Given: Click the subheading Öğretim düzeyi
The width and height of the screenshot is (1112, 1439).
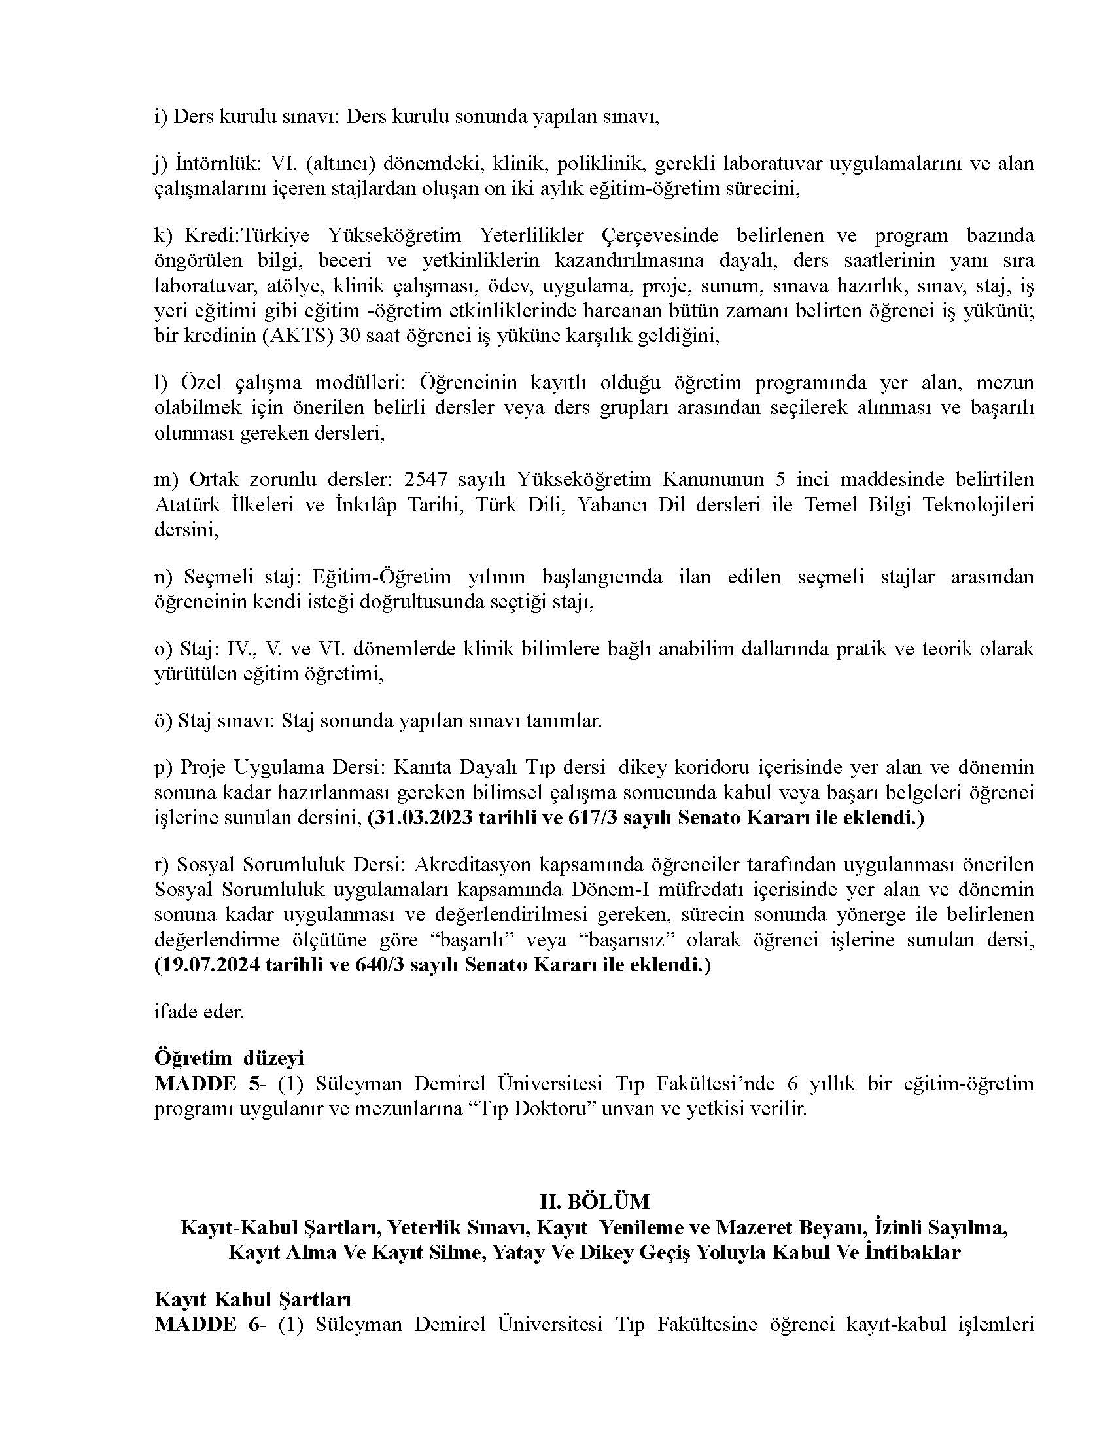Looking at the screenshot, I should [229, 1058].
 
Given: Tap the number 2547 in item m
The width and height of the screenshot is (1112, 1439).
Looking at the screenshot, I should [432, 478].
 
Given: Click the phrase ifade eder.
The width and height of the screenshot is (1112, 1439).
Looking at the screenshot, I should [199, 1011].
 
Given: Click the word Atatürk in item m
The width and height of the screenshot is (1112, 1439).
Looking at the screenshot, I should [191, 504].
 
